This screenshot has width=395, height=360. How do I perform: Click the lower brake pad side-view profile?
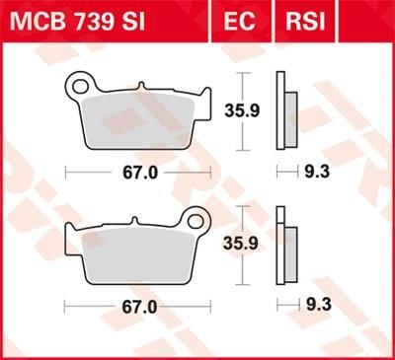click(x=285, y=245)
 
